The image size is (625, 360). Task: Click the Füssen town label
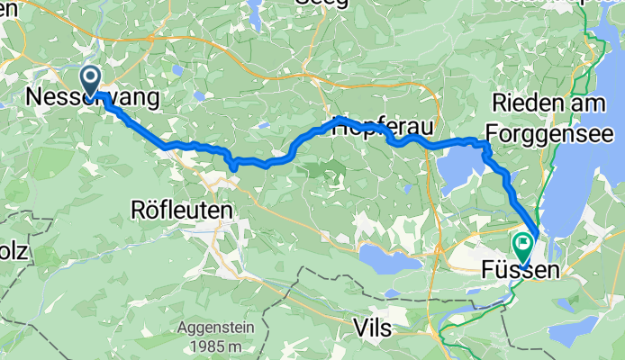[x=525, y=269]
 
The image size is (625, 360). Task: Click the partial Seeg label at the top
[x=317, y=4]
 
